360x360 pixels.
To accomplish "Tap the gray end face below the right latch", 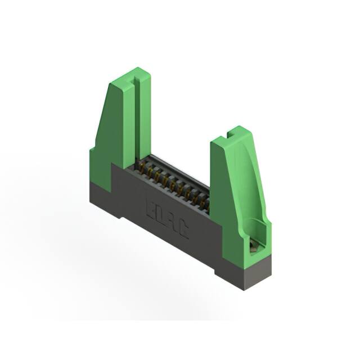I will coord(257,273).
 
